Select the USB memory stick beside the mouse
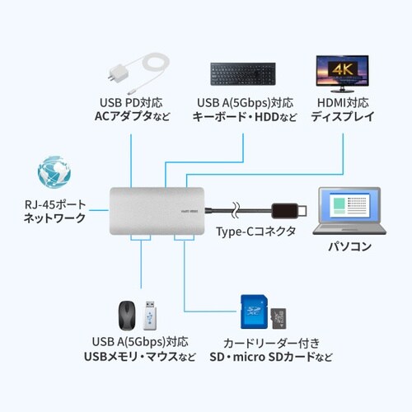[x=149, y=315]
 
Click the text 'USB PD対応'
[x=130, y=102]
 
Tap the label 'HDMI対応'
[x=339, y=102]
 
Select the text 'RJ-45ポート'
[x=54, y=204]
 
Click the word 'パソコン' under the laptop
[x=350, y=246]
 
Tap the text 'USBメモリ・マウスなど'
[x=140, y=356]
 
